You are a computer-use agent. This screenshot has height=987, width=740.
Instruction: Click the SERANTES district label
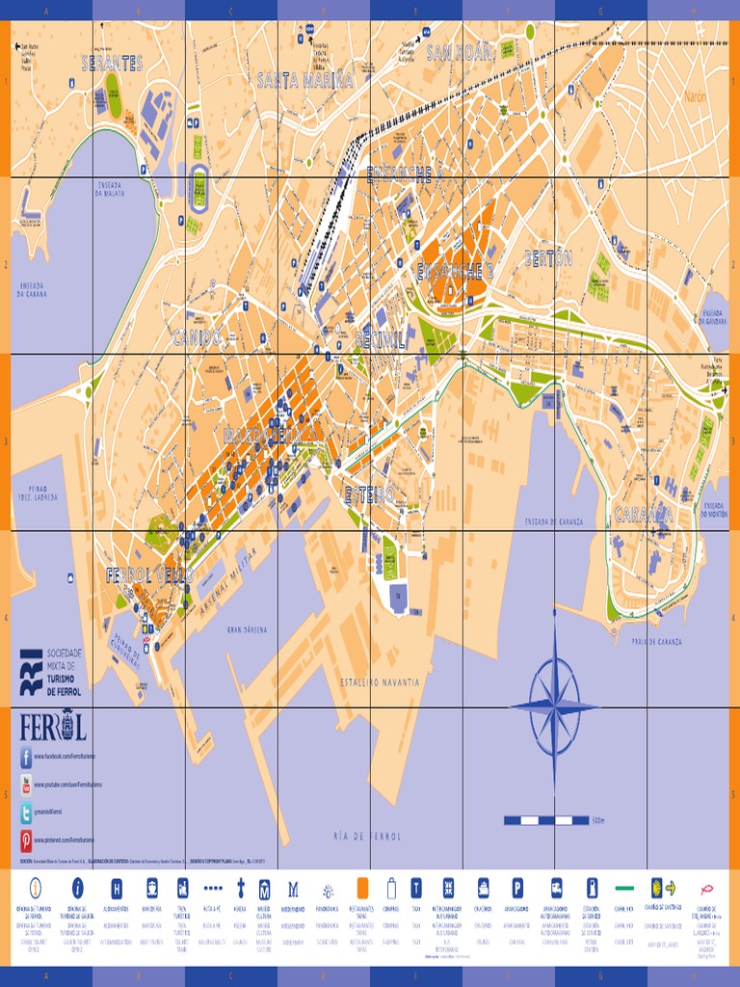point(112,64)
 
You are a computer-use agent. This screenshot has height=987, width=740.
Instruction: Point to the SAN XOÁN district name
point(460,52)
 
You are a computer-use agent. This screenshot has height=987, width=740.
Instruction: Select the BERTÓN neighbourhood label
point(548,258)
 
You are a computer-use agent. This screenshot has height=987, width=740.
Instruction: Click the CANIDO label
point(197,337)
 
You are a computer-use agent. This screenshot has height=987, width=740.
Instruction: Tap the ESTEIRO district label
point(370,494)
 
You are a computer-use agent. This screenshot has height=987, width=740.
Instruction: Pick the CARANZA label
point(644,514)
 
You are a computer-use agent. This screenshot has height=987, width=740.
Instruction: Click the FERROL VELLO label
point(149,575)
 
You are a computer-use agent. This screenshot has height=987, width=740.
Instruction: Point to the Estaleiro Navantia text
point(380,681)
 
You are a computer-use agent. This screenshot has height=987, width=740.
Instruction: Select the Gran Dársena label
point(247,629)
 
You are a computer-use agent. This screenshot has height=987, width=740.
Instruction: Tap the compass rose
point(554,707)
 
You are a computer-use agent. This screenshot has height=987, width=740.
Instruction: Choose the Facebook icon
point(26,758)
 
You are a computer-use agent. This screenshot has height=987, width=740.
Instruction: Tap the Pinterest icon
point(26,840)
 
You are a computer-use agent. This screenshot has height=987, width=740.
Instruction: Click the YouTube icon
point(26,786)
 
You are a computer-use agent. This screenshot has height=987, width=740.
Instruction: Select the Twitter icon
point(26,813)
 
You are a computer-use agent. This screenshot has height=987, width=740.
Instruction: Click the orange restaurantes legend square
point(362,887)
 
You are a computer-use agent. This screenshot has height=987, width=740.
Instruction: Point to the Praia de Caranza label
point(656,641)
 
